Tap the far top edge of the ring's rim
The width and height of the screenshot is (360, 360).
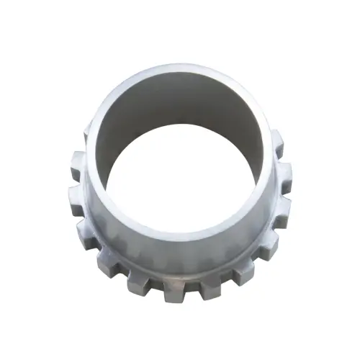tap(180, 72)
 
